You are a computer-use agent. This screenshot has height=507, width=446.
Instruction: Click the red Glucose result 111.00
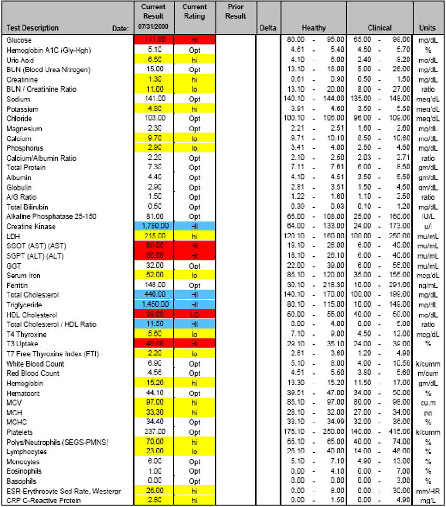tap(155, 40)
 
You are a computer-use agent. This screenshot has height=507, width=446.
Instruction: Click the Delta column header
tap(268, 28)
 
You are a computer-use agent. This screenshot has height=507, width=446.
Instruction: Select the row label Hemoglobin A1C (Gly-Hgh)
tap(49, 50)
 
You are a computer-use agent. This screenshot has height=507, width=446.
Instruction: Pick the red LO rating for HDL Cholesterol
tap(194, 315)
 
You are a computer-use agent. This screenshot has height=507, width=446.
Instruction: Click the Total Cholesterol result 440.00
tap(155, 295)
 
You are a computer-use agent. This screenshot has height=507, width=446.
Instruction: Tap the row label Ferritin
tap(17, 285)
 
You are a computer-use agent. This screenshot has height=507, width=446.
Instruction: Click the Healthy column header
tap(314, 28)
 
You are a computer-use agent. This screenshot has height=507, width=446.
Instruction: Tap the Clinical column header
tap(379, 28)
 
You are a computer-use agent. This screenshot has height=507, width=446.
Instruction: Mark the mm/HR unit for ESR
tap(428, 491)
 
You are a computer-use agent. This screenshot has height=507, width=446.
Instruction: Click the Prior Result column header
tap(236, 12)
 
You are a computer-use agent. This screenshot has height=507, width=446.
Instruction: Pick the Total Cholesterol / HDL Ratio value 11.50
tap(155, 324)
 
